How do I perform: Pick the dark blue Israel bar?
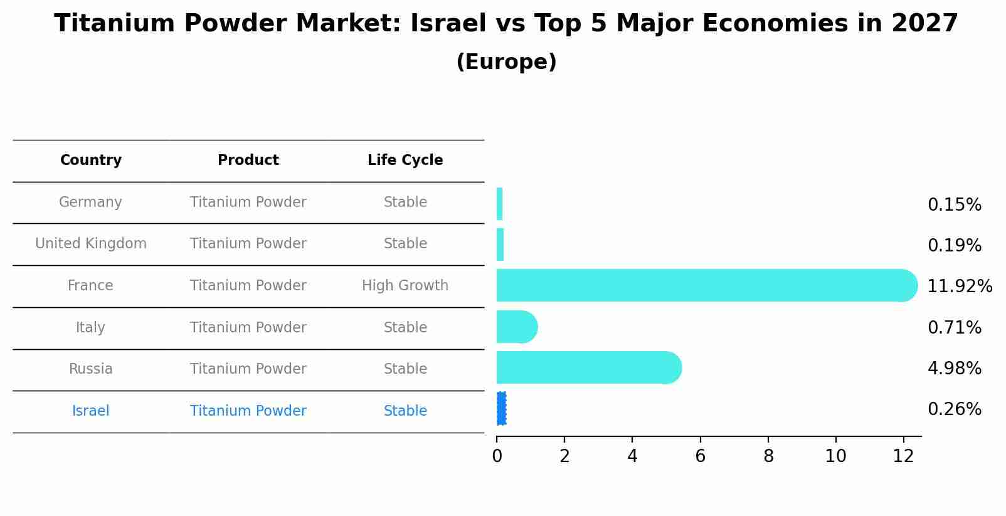[501, 409]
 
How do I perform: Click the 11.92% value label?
[959, 287]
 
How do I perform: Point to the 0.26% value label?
[954, 409]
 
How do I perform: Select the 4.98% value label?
[954, 369]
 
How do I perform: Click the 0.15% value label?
[954, 205]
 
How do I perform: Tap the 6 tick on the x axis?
[700, 456]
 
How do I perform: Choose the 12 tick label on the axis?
[903, 456]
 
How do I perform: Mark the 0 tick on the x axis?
[497, 456]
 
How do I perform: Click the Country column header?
[91, 161]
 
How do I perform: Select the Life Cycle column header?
[405, 161]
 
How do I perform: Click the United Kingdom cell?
[91, 244]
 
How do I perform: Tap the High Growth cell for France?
[405, 286]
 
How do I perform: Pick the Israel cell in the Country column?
[91, 411]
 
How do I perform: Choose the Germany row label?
[90, 203]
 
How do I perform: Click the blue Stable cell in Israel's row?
[405, 411]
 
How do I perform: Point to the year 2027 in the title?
[924, 24]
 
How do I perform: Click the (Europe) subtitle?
[506, 62]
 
